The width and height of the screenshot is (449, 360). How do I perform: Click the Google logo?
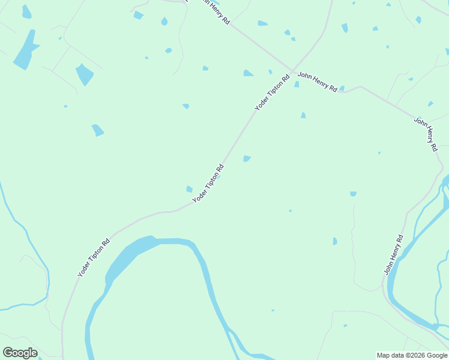click(20, 353)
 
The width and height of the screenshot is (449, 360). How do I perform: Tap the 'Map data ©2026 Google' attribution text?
click(412, 355)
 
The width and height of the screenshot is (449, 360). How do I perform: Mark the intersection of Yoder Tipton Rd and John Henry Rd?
click(293, 71)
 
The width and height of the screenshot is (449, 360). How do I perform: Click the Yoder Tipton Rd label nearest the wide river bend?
click(94, 258)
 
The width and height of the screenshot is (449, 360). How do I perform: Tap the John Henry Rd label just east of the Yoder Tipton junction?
click(318, 81)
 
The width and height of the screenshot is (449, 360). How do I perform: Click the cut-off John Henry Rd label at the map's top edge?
click(207, 10)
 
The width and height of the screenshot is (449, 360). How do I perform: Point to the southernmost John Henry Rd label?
click(393, 256)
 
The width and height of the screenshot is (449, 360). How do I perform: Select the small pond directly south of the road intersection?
click(297, 85)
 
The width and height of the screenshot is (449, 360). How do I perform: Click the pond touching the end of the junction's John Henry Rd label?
click(342, 89)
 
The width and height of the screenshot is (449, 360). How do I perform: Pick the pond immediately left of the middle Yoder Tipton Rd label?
click(190, 189)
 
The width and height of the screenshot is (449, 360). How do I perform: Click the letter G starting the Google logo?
click(8, 353)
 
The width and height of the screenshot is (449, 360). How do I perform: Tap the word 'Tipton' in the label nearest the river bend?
click(98, 253)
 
